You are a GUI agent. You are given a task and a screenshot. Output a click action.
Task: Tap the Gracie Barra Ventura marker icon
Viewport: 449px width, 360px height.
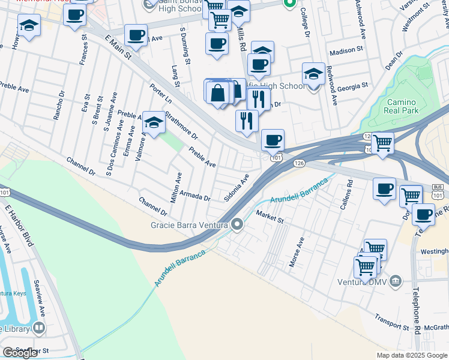(237, 225)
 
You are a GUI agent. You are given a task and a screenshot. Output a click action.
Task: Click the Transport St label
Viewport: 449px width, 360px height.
(391, 321)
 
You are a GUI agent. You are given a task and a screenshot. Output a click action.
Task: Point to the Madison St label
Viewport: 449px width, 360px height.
(343, 51)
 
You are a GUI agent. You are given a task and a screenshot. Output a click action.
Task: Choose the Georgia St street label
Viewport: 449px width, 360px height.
(352, 87)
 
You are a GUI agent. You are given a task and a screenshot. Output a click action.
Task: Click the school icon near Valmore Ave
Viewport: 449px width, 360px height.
(154, 124)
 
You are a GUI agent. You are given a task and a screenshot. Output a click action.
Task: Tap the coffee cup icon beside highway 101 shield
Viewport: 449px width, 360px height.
(273, 140)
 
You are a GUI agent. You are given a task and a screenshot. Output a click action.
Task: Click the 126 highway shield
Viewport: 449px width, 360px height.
(300, 163)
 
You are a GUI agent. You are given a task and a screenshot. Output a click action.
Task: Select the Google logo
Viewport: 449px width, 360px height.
(20, 353)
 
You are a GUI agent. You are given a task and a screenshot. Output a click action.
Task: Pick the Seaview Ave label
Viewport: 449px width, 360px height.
(40, 305)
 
